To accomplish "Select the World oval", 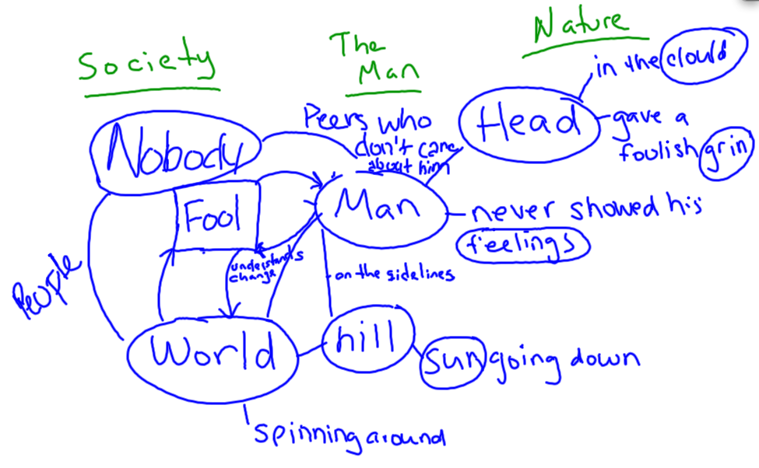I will click(212, 354).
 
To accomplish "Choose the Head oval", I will click(529, 123).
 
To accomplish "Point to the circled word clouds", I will click(696, 56).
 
